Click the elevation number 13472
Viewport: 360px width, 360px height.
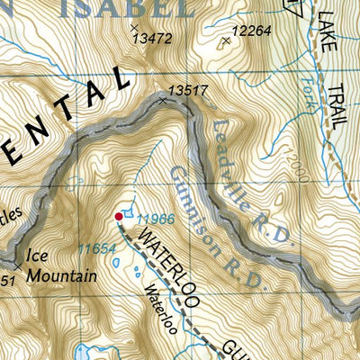(x=151, y=39)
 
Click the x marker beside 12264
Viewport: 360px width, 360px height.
(x=226, y=40)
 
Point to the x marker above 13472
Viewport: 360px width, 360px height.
(x=133, y=28)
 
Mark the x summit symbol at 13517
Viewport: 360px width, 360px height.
(x=163, y=101)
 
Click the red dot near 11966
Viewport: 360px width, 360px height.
(x=119, y=216)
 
